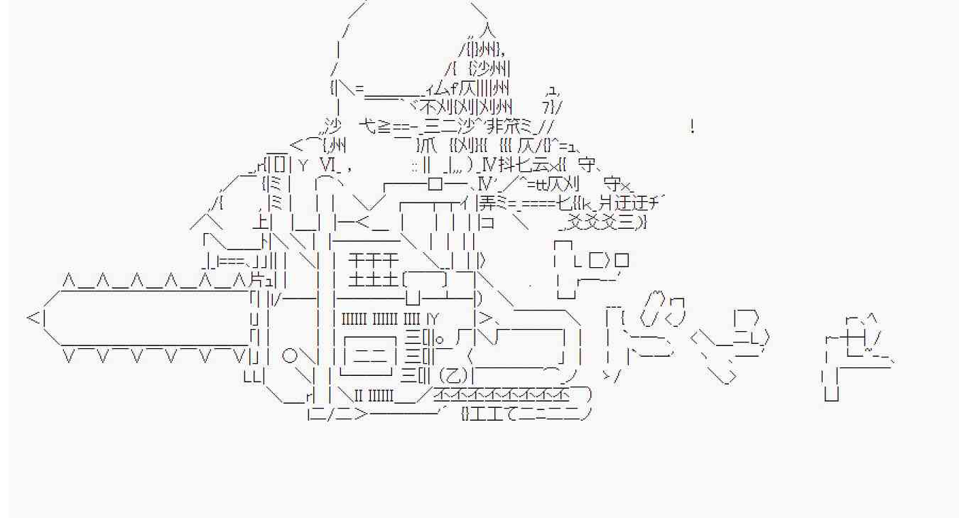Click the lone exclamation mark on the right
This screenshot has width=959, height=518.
[x=692, y=128]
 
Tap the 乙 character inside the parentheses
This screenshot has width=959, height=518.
[x=453, y=374]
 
